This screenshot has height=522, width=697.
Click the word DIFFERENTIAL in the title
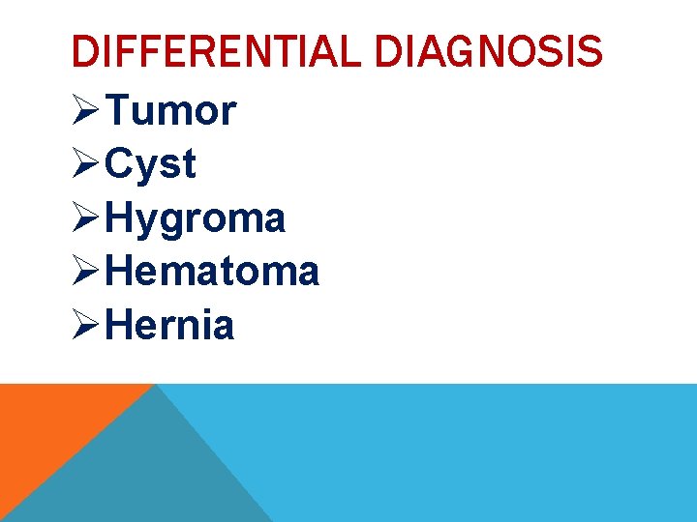217,51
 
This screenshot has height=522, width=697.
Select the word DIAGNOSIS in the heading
488,51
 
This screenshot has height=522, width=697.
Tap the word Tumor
171,111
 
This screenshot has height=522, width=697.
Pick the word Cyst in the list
151,164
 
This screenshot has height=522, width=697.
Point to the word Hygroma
197,218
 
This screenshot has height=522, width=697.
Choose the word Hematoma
213,272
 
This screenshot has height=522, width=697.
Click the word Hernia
170,326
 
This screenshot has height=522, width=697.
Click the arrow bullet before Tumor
86,112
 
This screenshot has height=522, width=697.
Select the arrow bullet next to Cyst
86,165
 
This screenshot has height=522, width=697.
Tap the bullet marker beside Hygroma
86,218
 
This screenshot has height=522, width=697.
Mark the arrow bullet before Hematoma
86,273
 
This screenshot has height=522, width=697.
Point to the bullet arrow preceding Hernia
86,326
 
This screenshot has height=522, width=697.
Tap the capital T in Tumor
118,111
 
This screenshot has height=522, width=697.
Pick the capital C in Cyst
120,164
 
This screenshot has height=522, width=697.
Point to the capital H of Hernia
121,326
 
